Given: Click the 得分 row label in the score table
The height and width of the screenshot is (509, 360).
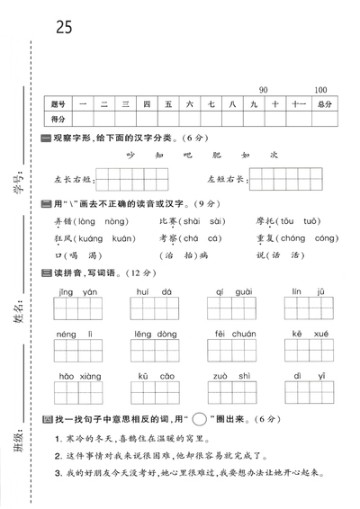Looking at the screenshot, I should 60,119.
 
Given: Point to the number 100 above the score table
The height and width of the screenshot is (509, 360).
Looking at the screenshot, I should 320,90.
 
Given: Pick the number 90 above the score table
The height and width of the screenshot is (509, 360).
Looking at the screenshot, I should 264,90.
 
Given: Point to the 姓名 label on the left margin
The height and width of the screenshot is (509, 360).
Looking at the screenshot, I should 20,315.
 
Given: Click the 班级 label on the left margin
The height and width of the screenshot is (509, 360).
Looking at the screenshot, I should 20,441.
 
